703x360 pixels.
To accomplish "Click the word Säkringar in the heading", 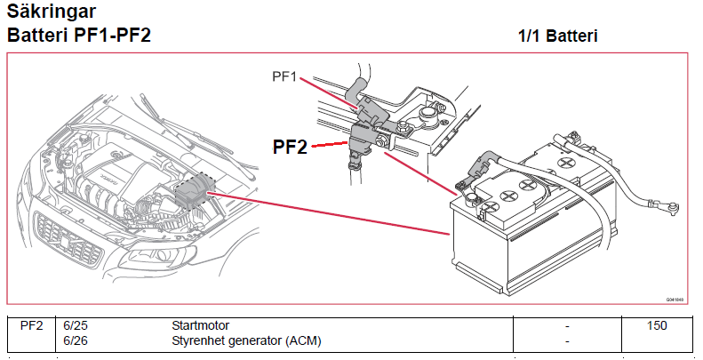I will (x=52, y=13).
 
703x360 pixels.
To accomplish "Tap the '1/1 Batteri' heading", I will (x=557, y=36).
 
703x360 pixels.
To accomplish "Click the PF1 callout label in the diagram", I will (x=284, y=77).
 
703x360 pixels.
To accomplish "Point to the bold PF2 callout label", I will (x=290, y=147).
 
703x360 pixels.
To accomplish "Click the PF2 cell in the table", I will (x=31, y=326).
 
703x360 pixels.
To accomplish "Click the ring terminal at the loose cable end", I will (x=673, y=210).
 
